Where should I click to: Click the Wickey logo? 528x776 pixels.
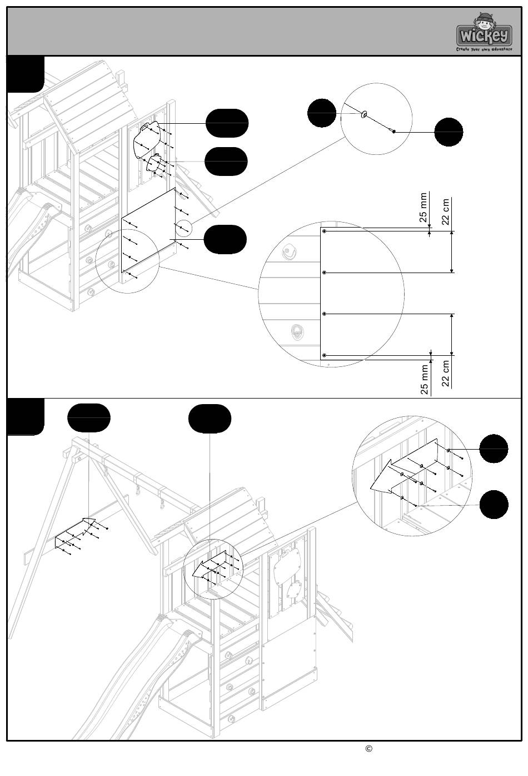(484, 34)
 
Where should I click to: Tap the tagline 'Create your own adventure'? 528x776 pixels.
(484, 49)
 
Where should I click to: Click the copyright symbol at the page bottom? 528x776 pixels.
(368, 748)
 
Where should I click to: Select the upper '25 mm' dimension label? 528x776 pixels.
(424, 208)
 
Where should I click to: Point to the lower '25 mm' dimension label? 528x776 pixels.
(425, 380)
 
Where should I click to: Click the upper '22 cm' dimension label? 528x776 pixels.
(446, 211)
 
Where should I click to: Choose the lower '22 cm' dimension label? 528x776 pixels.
(446, 374)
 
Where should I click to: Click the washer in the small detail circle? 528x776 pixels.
(365, 114)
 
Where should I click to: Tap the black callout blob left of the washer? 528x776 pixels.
(322, 113)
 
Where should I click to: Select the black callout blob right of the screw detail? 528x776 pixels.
(449, 132)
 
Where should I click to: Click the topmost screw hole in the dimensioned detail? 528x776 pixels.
(325, 231)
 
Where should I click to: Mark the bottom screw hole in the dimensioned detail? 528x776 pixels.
(325, 355)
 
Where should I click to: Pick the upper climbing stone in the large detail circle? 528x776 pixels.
(288, 253)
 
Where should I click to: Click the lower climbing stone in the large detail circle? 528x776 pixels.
(297, 333)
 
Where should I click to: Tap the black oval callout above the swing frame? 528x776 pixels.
(88, 417)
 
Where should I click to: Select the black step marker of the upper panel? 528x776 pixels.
(26, 74)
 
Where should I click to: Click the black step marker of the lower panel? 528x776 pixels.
(26, 417)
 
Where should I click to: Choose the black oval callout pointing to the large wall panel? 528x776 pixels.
(225, 239)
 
